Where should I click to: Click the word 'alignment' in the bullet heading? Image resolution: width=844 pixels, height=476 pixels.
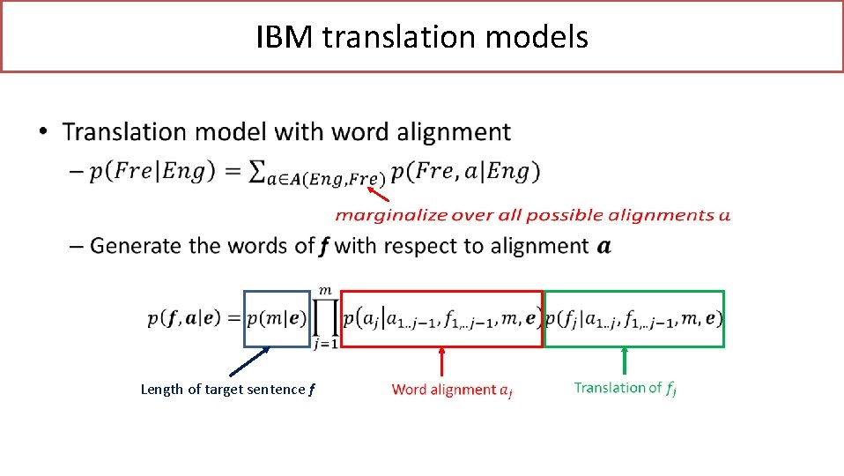click(x=453, y=132)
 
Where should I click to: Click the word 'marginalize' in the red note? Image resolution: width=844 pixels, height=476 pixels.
click(x=380, y=214)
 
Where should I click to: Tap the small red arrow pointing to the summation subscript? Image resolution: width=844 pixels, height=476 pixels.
click(x=377, y=186)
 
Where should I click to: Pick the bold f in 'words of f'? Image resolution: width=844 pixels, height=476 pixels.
click(x=325, y=246)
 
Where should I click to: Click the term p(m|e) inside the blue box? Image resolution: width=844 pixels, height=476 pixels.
click(x=278, y=319)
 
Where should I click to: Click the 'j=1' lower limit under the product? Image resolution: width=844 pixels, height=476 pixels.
click(x=325, y=345)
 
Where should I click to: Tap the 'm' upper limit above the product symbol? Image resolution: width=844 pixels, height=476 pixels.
click(x=325, y=290)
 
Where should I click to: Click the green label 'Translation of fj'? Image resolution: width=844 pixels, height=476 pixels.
click(x=625, y=388)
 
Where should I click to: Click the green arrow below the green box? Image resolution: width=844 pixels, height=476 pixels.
click(x=625, y=361)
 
